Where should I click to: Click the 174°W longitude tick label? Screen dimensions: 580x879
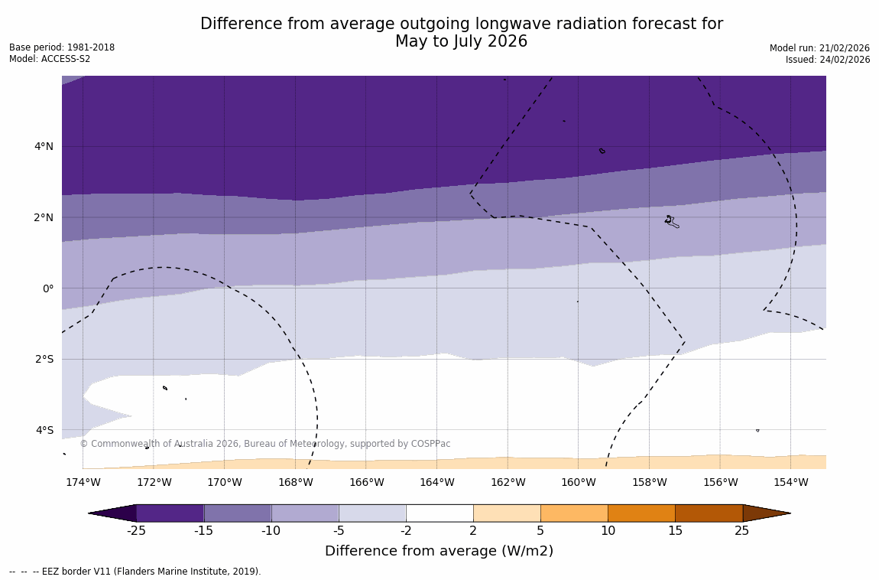point(83,482)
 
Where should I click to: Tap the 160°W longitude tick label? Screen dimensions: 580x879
point(578,482)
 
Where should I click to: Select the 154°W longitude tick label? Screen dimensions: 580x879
point(790,482)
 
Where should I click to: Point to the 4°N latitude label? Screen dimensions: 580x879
point(44,146)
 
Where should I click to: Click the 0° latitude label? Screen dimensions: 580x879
point(48,288)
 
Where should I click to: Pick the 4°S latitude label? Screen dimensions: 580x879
point(44,430)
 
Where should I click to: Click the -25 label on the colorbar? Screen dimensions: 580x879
point(136,530)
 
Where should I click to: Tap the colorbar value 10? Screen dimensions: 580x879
point(608,530)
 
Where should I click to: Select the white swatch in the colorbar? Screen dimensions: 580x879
point(439,513)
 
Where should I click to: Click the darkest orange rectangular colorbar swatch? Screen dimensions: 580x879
point(709,513)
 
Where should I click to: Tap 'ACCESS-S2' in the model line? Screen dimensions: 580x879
point(65,59)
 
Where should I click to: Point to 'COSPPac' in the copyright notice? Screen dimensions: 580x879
point(432,444)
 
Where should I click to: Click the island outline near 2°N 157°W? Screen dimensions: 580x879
point(671,221)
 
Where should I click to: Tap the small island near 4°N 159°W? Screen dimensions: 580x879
point(602,151)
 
